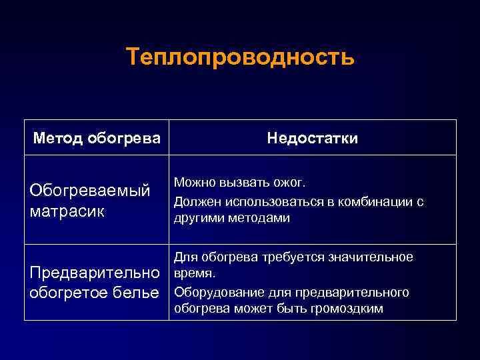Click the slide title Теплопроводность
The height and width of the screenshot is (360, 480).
coord(240,57)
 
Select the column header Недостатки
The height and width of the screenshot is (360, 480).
coord(312,138)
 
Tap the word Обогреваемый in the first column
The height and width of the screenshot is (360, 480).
coord(88,191)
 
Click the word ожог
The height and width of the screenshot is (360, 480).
coord(297,183)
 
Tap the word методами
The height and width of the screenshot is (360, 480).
coord(261,218)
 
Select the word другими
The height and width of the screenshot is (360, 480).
coord(198,218)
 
